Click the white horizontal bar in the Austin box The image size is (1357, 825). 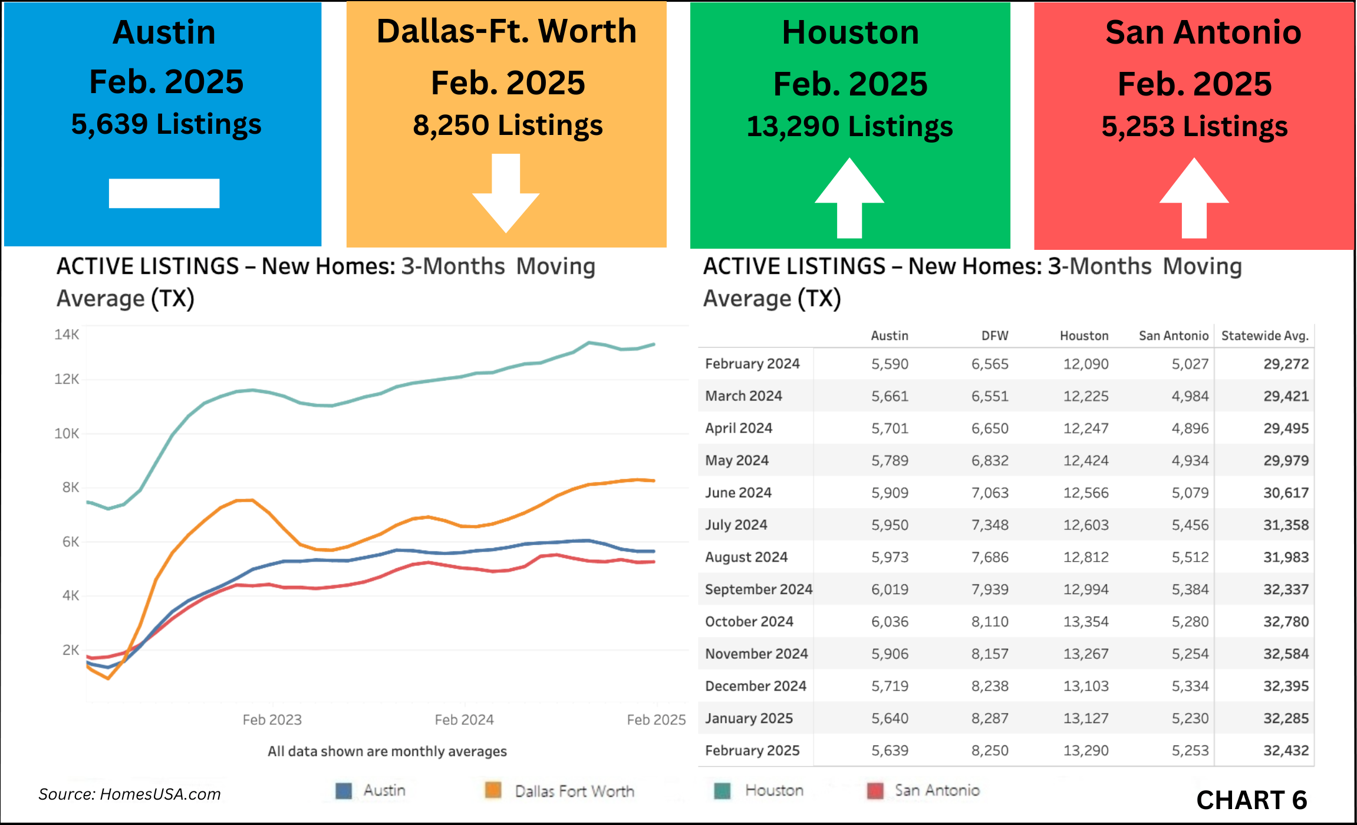click(x=164, y=193)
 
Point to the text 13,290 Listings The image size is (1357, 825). click(x=849, y=127)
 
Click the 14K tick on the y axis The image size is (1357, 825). click(x=67, y=335)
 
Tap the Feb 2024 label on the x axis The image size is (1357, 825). click(x=464, y=720)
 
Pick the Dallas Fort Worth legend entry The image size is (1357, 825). click(x=560, y=791)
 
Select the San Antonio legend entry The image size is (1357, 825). click(x=924, y=790)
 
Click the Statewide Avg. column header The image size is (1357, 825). click(x=1264, y=336)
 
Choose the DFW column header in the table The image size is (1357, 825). click(x=994, y=336)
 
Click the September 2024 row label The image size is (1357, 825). click(x=758, y=589)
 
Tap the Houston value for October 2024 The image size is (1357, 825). click(x=1085, y=622)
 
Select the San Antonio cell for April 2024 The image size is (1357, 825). click(x=1190, y=428)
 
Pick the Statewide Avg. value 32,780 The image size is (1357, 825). click(x=1286, y=622)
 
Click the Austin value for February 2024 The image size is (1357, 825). click(x=890, y=364)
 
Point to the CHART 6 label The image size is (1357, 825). click(x=1251, y=800)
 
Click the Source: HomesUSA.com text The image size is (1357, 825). click(x=130, y=794)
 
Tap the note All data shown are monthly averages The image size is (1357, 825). click(x=387, y=751)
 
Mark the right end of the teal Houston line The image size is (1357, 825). click(x=654, y=344)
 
